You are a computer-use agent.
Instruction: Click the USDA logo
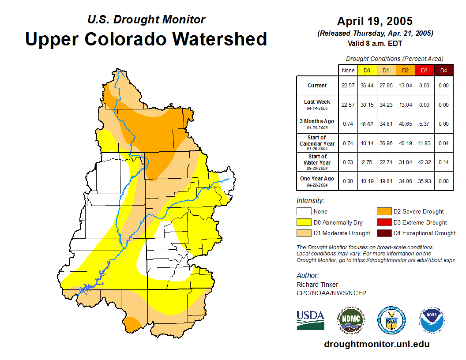[310, 320]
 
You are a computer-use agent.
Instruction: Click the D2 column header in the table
[405, 70]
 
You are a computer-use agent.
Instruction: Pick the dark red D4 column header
[443, 70]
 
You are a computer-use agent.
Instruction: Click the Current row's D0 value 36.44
[367, 86]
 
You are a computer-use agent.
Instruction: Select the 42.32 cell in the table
[424, 162]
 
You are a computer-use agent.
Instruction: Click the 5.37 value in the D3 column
[424, 124]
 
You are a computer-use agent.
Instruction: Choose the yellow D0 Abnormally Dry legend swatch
[304, 222]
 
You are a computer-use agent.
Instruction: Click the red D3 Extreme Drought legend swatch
[383, 222]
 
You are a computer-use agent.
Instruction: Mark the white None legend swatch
[304, 212]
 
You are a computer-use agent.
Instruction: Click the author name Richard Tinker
[317, 285]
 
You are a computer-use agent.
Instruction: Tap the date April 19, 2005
[375, 21]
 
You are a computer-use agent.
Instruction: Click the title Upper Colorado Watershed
[146, 39]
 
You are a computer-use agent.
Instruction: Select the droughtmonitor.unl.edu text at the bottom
[376, 344]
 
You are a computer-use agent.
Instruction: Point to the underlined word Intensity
[310, 201]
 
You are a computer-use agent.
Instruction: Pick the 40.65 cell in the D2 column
[405, 124]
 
